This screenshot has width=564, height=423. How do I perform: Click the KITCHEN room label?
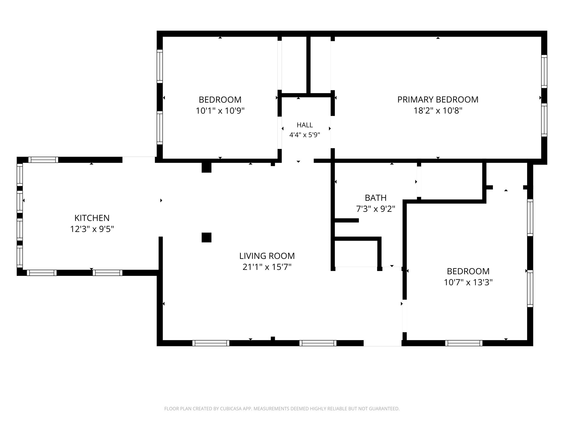[x=92, y=218]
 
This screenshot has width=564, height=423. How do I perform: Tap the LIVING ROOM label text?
[x=267, y=256]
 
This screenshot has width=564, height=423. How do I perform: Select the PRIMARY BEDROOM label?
[x=438, y=99]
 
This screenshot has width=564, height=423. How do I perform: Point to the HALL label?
[x=305, y=125]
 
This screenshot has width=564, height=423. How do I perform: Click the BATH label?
[x=376, y=198]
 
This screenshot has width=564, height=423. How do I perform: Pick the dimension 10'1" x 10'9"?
[x=220, y=111]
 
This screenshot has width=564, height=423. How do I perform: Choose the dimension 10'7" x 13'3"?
[x=468, y=282]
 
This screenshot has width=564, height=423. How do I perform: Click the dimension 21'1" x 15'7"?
[x=267, y=267]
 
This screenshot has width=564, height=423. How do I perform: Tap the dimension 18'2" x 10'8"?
[x=438, y=111]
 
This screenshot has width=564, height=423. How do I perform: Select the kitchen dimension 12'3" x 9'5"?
[x=92, y=229]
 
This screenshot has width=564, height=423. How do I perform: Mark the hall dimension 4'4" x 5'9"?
[x=305, y=135]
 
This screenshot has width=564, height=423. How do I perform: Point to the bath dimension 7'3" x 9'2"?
[x=376, y=209]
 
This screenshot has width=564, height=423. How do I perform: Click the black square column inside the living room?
[x=207, y=237]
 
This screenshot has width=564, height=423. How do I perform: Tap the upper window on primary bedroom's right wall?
[x=544, y=71]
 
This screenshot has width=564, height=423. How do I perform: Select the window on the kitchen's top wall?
[x=43, y=160]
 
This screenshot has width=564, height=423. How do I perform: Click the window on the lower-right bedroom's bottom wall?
[x=464, y=343]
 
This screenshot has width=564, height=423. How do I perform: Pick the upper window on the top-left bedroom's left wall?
[x=160, y=66]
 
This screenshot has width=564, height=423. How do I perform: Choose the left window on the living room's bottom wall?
[x=211, y=343]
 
